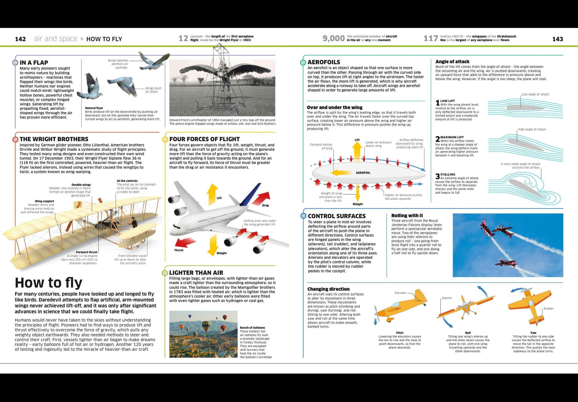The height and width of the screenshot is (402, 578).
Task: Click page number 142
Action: pos(20,39)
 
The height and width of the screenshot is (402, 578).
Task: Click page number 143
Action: pos(557,39)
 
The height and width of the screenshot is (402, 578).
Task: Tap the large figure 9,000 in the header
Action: pos(333,38)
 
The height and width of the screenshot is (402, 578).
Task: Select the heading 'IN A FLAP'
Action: pos(34,63)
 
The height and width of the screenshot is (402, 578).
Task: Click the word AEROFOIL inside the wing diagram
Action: pos(363,173)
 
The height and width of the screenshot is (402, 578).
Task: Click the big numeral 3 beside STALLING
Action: pos(437,176)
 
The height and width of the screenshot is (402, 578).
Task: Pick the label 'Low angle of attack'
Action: pos(535,94)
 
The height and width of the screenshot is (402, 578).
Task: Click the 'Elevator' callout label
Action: pos(401,293)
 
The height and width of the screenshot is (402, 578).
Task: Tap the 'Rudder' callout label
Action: pos(548,309)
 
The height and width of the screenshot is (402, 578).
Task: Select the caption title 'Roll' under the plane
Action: pos(468,333)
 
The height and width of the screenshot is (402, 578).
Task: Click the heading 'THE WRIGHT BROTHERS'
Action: pos(54,139)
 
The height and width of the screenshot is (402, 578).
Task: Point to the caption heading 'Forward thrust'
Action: pos(86,252)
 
